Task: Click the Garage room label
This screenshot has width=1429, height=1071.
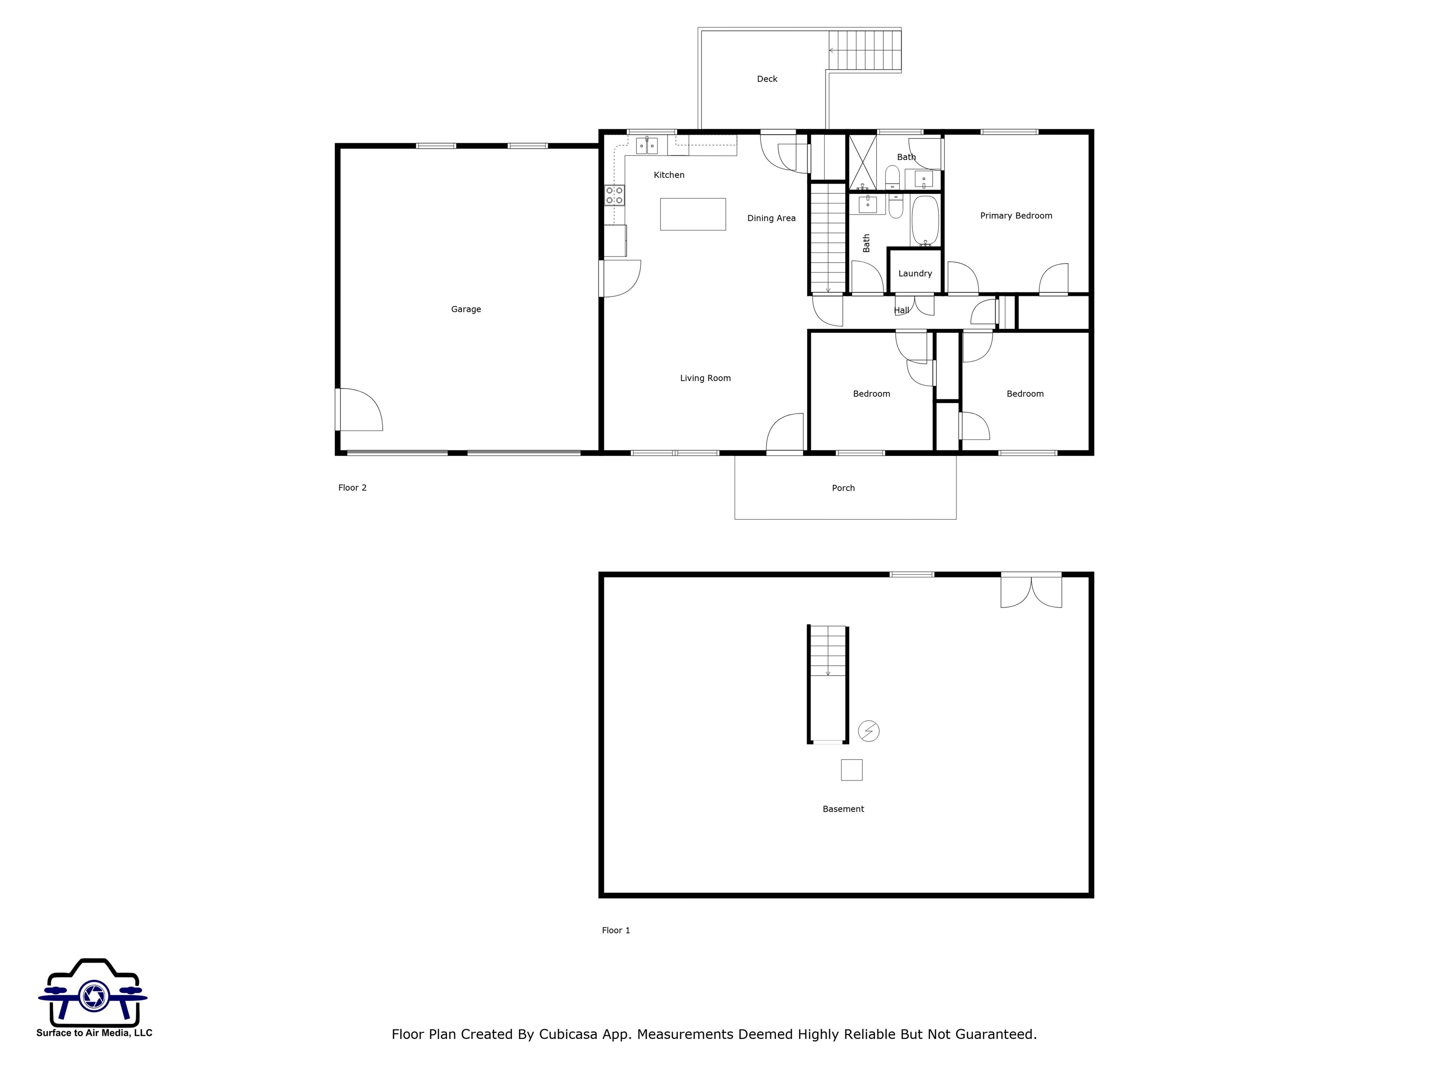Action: coord(466,309)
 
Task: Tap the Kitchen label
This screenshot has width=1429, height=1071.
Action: coord(668,175)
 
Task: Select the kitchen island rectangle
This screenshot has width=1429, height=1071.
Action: coord(693,214)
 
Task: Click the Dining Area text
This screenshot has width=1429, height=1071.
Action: coord(771,218)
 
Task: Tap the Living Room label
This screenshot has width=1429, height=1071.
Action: coord(705,378)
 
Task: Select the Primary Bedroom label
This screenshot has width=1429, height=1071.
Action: coord(1015,216)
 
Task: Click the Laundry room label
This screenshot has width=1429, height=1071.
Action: coord(915,274)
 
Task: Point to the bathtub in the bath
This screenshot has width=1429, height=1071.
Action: coord(924,221)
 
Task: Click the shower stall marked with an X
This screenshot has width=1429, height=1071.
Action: coord(862,162)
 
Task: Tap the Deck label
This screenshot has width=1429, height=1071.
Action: coord(767,79)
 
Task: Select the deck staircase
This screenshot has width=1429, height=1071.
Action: coord(865,50)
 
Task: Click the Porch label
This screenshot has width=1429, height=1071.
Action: coord(843,488)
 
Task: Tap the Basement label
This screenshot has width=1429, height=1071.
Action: coord(843,809)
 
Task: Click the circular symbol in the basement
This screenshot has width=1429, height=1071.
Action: coord(868,731)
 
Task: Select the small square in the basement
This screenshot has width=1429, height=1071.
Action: coord(851,769)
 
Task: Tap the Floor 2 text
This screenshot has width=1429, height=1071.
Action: coord(352,488)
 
